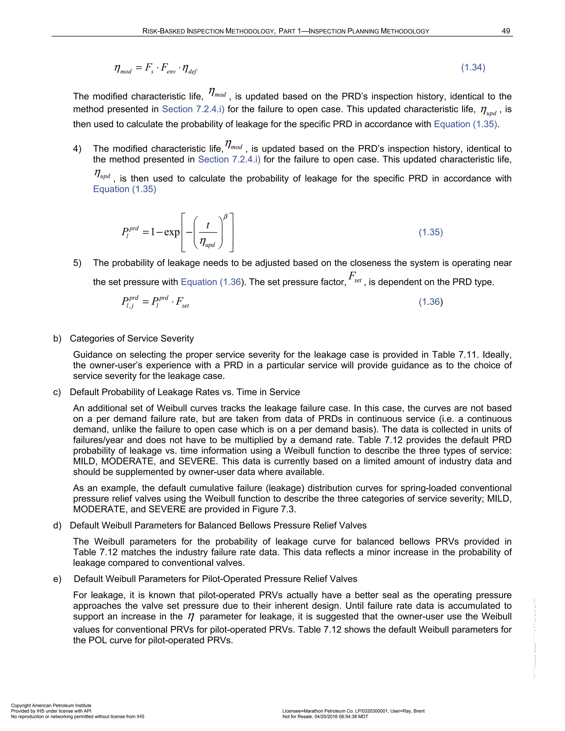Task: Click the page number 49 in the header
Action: coord(506,31)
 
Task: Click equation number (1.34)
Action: coord(473,67)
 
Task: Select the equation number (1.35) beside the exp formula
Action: coord(430,232)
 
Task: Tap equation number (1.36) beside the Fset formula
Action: coord(430,302)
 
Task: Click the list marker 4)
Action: coord(77,149)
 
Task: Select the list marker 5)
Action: coord(77,263)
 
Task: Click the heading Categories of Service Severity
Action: coord(132,338)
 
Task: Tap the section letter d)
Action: coord(57,525)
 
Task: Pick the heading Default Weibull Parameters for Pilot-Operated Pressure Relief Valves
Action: coord(215,579)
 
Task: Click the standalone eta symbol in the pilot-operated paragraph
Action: coord(191,617)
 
